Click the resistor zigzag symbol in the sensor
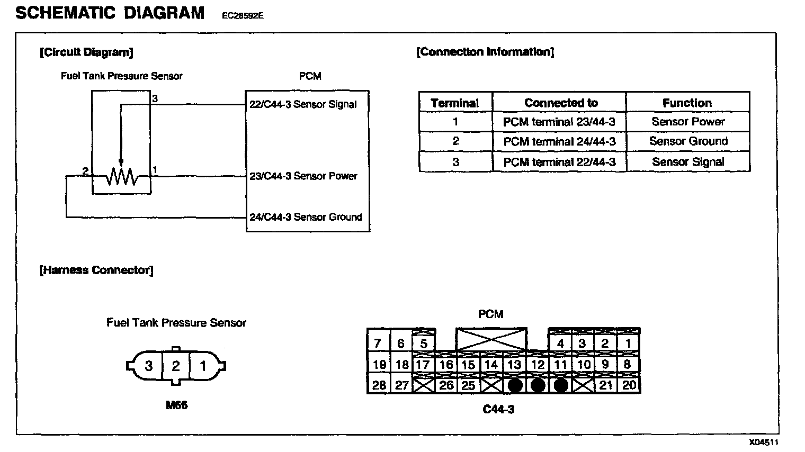click(121, 177)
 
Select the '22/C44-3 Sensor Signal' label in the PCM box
click(303, 104)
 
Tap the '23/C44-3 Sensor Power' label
click(303, 176)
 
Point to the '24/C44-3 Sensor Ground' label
click(306, 217)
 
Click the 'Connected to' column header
click(560, 103)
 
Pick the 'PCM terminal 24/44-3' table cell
click(559, 141)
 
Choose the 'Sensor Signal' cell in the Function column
click(687, 162)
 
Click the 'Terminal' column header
click(454, 103)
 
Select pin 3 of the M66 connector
click(149, 366)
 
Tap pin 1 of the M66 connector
click(202, 366)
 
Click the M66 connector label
click(176, 405)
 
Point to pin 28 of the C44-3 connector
click(379, 385)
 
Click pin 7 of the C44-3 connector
click(378, 343)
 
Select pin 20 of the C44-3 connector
click(629, 385)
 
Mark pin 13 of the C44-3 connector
click(514, 365)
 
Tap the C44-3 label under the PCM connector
click(498, 409)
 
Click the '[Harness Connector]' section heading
click(96, 270)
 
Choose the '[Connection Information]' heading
click(485, 52)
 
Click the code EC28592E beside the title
click(243, 16)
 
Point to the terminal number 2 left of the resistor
click(85, 170)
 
